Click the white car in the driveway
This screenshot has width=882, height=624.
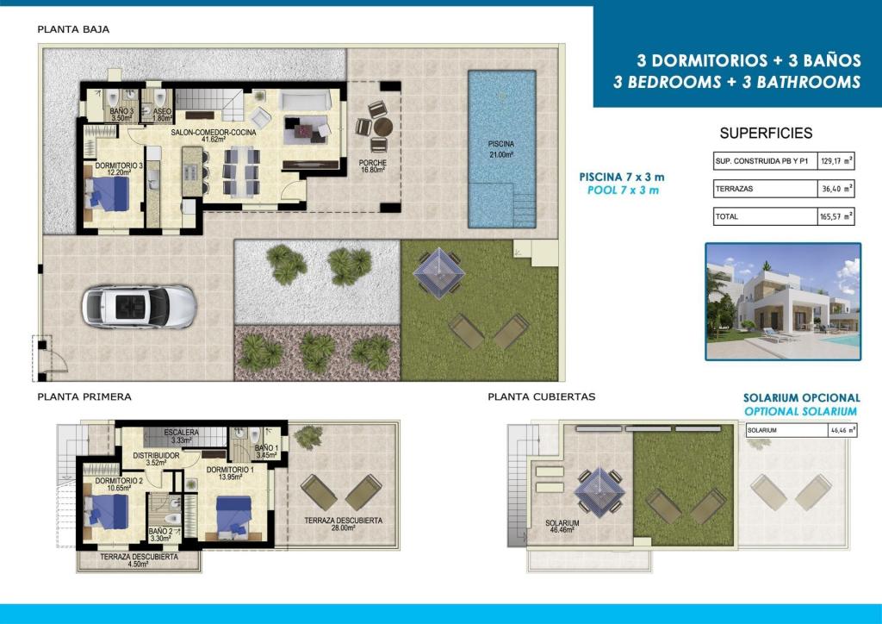139,307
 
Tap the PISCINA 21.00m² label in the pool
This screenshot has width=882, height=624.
500,148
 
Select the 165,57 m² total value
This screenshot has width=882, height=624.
835,217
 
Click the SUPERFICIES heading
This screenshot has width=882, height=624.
766,134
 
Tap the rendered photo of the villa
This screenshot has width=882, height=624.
783,301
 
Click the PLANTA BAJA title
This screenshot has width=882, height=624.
73,29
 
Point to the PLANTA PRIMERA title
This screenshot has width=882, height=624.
84,397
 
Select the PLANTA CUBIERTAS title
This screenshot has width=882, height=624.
541,397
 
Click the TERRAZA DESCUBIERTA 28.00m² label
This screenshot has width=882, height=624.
343,525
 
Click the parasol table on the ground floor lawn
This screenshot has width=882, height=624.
438,271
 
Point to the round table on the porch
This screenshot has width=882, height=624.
380,127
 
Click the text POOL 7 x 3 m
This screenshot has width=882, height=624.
623,190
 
